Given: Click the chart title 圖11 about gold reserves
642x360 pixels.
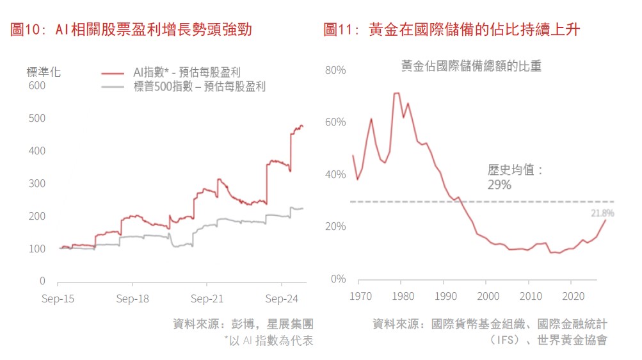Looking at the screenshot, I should tap(451, 29).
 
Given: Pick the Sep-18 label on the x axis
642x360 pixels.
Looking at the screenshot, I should tap(133, 299).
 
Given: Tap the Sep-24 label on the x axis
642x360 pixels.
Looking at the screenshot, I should tap(282, 299).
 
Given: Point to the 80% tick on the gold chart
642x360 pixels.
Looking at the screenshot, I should tap(335, 69).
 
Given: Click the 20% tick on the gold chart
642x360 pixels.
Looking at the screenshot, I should tap(335, 227).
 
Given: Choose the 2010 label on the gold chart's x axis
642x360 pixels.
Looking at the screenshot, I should tap(529, 297).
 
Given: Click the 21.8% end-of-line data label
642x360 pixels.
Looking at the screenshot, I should tap(602, 213).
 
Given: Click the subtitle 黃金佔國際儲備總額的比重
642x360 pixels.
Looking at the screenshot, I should tap(471, 66).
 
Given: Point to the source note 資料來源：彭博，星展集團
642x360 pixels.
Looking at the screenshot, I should tap(243, 324).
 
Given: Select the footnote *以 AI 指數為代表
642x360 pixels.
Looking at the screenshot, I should tap(268, 341).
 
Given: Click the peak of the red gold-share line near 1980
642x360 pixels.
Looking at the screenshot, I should tap(396, 94).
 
